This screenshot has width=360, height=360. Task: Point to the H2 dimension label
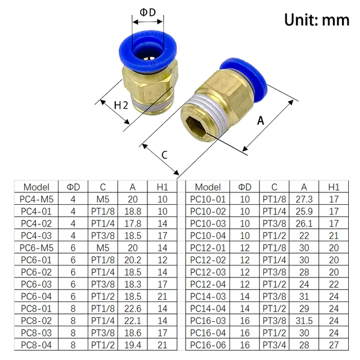(x=121, y=105)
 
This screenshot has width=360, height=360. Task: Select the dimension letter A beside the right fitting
(x=260, y=120)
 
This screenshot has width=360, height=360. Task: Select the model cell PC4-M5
(x=37, y=199)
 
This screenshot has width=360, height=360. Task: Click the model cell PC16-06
(x=208, y=344)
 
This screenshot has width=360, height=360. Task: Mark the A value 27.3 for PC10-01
(x=303, y=199)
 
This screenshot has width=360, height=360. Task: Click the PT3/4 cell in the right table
(x=274, y=344)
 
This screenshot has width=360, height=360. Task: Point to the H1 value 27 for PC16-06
(x=334, y=344)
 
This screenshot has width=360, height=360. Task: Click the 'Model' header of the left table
(x=37, y=187)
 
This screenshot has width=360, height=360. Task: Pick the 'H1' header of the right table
(x=334, y=187)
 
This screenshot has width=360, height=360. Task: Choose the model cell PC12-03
(x=208, y=272)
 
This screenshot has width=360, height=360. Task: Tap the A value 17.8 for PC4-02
(x=132, y=223)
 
